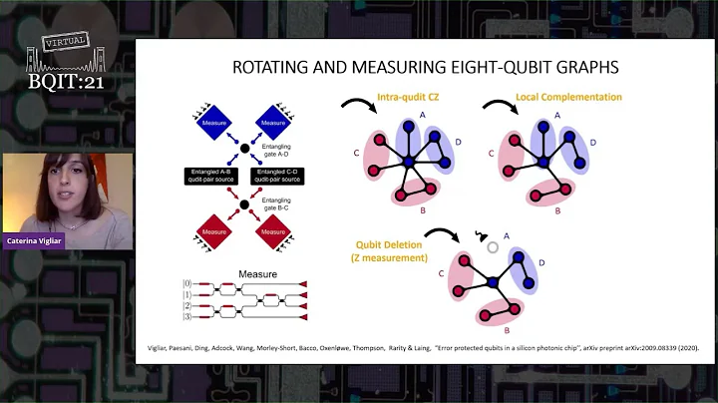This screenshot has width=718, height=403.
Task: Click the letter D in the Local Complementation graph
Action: click(x=592, y=143)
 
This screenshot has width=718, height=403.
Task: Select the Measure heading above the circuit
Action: click(x=257, y=271)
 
